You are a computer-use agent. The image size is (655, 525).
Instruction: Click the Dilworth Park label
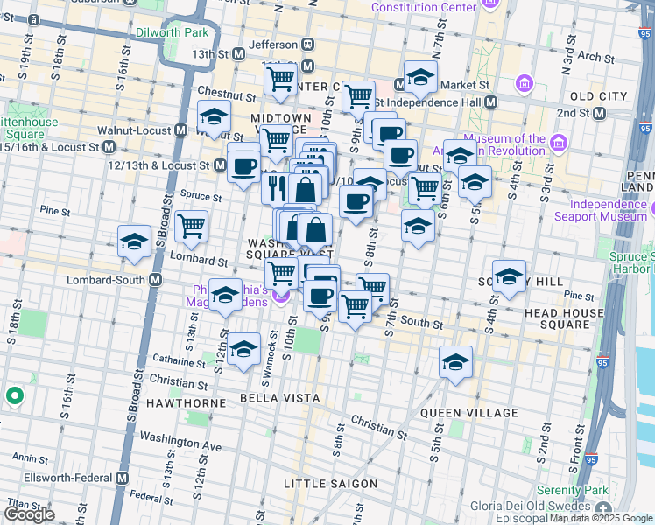(x=173, y=31)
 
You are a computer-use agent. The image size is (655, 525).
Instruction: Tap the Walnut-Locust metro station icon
(x=181, y=130)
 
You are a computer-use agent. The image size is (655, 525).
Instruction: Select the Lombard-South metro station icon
(x=155, y=280)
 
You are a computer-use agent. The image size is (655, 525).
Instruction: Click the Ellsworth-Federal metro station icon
(x=122, y=479)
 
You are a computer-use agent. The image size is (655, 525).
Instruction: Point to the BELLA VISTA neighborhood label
(x=272, y=398)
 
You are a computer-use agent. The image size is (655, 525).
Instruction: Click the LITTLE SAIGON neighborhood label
(x=331, y=484)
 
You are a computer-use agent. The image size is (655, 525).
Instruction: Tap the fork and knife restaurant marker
(x=276, y=187)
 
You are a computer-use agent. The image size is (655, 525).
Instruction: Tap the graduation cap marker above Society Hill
(x=509, y=276)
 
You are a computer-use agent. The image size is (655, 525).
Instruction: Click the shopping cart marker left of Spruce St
(x=191, y=226)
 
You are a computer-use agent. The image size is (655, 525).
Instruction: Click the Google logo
(x=29, y=514)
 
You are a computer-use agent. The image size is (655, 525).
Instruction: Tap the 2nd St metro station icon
(x=600, y=114)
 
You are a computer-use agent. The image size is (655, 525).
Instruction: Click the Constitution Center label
(x=424, y=7)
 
